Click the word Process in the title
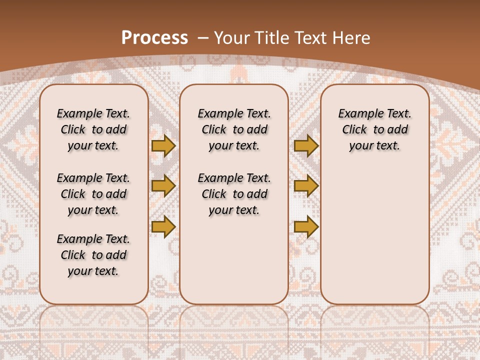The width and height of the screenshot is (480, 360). (154, 38)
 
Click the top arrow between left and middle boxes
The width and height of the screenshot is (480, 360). (163, 146)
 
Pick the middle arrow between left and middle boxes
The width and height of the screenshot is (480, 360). (163, 186)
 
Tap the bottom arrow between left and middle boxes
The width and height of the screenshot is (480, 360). (163, 226)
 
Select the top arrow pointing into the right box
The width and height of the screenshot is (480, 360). (306, 146)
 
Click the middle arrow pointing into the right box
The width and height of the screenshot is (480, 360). (306, 186)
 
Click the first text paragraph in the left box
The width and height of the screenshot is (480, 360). (93, 129)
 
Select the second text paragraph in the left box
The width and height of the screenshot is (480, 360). (93, 194)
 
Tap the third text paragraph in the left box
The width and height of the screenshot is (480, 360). (93, 255)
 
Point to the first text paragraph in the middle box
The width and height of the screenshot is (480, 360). (234, 129)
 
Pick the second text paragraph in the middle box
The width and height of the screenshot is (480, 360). (234, 194)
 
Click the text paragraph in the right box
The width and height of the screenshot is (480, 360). (374, 129)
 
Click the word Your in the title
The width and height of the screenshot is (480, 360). (231, 38)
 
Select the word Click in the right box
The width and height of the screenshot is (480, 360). (354, 130)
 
